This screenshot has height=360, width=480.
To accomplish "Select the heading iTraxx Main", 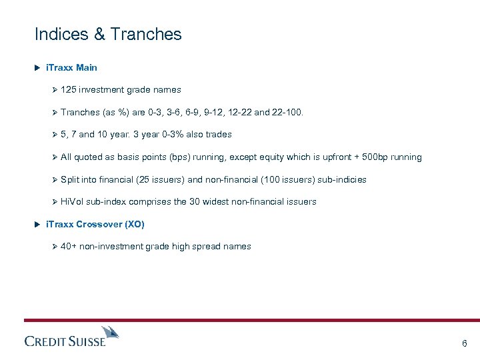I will click(x=71, y=67).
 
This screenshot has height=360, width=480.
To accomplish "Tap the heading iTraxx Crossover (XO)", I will click(x=95, y=224).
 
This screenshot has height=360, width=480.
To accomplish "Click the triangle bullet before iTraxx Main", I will click(x=38, y=67).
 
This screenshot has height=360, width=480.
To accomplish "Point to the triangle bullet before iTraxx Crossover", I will click(x=38, y=224).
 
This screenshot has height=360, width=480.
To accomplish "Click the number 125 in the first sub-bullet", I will click(x=68, y=89).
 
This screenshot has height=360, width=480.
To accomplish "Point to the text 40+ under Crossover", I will click(x=68, y=247).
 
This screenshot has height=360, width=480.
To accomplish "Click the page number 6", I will click(x=464, y=344).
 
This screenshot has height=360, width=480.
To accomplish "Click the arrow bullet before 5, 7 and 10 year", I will click(x=55, y=135).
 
